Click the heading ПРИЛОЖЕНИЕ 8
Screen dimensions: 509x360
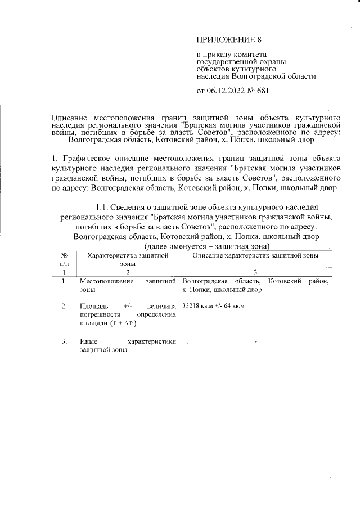click(229, 39)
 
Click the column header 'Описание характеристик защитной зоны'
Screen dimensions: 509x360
click(255, 256)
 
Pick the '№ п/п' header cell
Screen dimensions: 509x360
click(64, 259)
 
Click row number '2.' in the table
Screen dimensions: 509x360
click(65, 306)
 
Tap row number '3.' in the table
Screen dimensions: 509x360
click(65, 341)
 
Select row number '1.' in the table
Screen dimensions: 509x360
click(65, 281)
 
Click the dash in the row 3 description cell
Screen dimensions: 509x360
click(256, 342)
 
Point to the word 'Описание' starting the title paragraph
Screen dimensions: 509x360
click(66, 115)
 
